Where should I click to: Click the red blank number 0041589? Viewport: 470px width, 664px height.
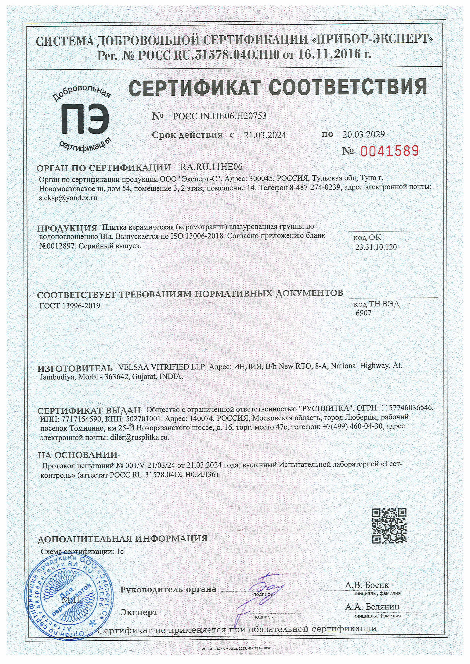389,151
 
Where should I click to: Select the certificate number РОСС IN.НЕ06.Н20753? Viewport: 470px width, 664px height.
219,116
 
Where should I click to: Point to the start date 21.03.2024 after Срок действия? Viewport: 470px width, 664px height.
265,135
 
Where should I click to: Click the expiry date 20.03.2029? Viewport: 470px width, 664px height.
363,134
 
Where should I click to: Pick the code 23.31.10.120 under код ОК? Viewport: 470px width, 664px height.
376,247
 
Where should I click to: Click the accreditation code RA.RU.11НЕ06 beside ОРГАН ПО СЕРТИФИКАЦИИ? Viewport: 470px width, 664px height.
211,167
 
